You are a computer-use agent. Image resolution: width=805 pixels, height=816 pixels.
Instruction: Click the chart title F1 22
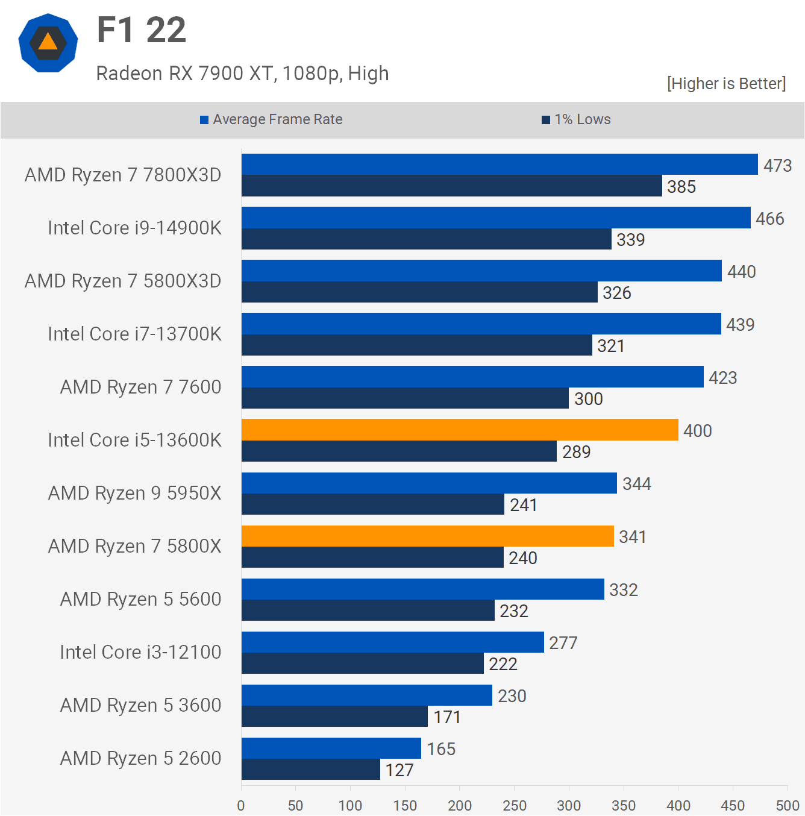142,30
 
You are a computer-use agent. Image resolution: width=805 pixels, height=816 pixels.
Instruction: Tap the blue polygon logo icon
48,43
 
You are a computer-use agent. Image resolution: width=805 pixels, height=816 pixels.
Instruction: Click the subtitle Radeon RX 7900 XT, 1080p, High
242,74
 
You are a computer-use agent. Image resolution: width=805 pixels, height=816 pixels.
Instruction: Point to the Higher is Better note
726,84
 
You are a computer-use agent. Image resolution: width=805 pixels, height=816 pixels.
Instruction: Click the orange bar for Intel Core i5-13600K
460,430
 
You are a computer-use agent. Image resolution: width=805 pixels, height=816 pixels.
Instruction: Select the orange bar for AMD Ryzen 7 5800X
428,536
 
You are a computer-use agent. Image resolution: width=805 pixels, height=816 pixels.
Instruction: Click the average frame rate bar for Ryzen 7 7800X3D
500,165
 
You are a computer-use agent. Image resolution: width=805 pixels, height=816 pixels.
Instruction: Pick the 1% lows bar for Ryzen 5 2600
311,770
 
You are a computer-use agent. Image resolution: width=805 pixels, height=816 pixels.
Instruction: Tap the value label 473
777,166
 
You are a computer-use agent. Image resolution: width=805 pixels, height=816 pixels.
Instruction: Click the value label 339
630,240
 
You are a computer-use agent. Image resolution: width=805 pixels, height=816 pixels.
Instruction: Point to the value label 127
399,770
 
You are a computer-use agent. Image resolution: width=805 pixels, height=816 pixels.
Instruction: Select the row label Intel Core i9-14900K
134,228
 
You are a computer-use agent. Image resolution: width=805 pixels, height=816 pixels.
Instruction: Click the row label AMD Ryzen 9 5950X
134,493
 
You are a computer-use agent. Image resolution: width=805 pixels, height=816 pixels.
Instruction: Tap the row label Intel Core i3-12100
140,652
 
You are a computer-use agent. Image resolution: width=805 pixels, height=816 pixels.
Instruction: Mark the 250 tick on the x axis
514,805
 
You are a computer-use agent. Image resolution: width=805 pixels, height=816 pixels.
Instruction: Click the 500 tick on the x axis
787,805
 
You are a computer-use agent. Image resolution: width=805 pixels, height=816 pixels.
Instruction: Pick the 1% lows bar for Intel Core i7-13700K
417,345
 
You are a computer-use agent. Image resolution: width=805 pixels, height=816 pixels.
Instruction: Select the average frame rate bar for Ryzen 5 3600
367,695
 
